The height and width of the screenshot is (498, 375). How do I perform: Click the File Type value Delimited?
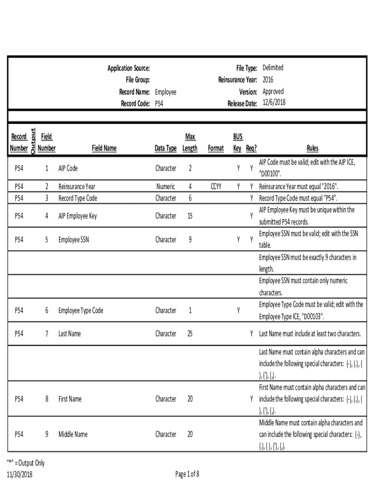(273, 68)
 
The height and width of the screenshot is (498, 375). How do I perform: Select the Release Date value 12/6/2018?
(274, 103)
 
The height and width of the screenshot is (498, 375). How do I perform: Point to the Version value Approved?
(273, 91)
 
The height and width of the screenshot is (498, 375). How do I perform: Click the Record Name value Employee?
(166, 91)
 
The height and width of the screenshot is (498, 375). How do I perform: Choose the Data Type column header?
(166, 148)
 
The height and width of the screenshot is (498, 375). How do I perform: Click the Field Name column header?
(104, 148)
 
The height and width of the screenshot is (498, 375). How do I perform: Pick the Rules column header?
(312, 148)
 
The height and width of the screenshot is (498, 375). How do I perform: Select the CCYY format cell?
(216, 186)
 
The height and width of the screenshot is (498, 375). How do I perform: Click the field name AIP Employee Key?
(77, 216)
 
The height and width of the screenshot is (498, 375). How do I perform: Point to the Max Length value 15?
(190, 216)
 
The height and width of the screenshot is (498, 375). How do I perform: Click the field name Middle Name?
(73, 434)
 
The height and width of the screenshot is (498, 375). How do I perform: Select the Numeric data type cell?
(166, 186)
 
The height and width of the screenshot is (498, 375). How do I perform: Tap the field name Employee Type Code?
(81, 310)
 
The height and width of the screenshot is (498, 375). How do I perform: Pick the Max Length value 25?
(190, 334)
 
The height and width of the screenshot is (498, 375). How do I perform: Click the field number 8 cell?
(47, 399)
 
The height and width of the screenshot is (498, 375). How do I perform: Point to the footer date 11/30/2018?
(19, 474)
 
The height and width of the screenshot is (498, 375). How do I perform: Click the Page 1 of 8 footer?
(187, 474)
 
